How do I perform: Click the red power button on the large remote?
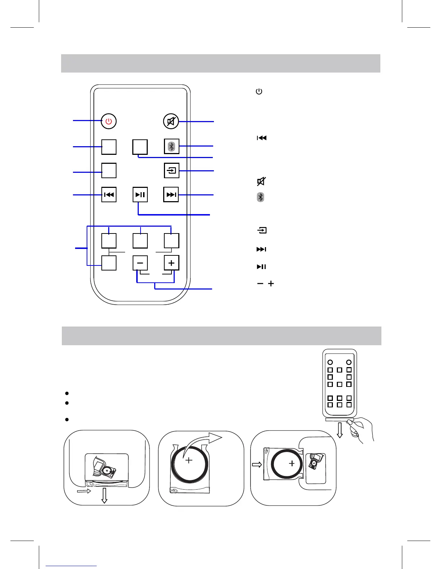click(109, 121)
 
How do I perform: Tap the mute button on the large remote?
click(171, 121)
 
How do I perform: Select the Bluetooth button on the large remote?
click(171, 146)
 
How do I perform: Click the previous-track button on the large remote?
click(109, 195)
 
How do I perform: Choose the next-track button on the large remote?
click(171, 195)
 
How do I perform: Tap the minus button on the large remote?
click(140, 263)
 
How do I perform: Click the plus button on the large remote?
click(171, 263)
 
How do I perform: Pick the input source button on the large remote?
click(171, 170)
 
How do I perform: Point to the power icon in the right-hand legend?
click(259, 92)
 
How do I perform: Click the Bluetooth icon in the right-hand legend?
click(261, 197)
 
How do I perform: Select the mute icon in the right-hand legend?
click(261, 181)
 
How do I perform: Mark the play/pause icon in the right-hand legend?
click(261, 267)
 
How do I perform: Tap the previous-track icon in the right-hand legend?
click(261, 138)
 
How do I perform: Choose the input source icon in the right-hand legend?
click(262, 230)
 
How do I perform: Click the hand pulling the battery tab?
click(361, 430)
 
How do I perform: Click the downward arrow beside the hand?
click(339, 431)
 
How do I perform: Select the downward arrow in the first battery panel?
click(104, 496)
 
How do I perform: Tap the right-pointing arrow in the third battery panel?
click(257, 465)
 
